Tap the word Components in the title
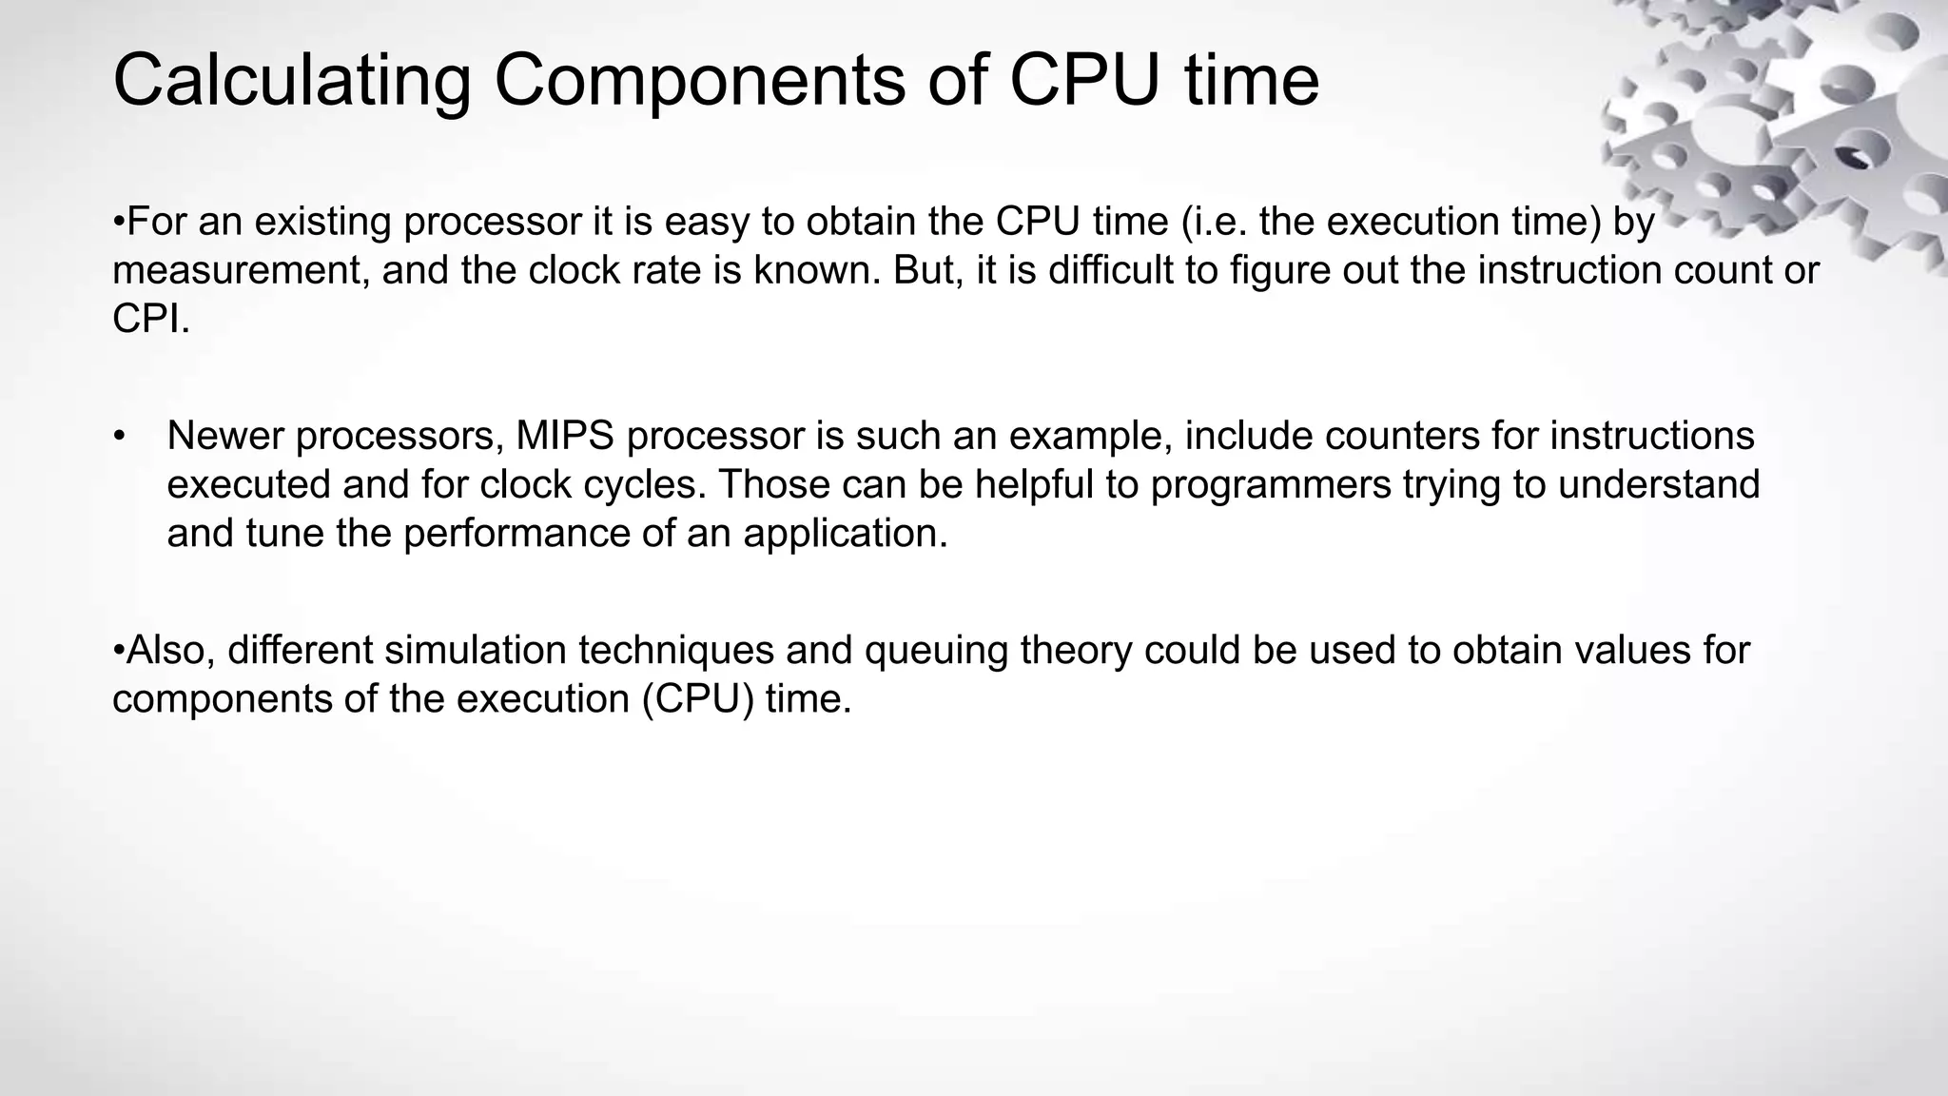tap(699, 80)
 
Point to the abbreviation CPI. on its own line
tap(151, 320)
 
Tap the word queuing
tap(936, 652)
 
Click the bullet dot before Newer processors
tap(118, 437)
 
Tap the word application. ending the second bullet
tap(846, 534)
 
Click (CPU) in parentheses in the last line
tap(697, 700)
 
